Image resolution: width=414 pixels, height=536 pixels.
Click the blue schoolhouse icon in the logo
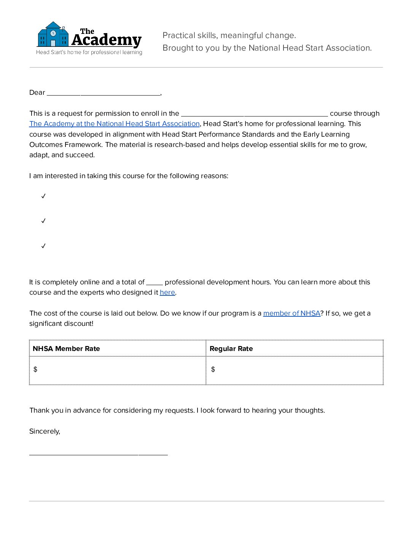pos(53,35)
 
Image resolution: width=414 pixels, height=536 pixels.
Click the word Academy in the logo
pos(107,40)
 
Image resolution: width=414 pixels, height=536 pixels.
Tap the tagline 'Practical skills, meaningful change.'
pos(229,35)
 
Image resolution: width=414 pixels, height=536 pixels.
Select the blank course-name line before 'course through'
pos(254,114)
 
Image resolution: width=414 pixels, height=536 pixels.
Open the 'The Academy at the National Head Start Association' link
pos(115,124)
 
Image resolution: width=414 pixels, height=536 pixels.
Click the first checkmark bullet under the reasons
pos(43,196)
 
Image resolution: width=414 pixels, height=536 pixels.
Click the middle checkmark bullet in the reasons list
pos(43,221)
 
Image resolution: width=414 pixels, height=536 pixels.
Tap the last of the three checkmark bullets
pos(43,246)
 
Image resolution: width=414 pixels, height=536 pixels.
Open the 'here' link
pos(167,292)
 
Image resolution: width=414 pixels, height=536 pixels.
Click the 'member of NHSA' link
pos(292,313)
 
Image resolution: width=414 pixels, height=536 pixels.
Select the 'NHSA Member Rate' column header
pos(66,349)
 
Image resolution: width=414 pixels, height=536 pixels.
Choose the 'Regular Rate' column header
pos(231,349)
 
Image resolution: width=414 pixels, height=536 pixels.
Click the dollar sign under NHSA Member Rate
pos(35,369)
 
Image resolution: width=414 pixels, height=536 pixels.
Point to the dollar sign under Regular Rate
pos(213,369)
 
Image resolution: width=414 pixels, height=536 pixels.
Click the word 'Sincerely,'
pos(45,431)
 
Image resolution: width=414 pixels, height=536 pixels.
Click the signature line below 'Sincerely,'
pos(98,454)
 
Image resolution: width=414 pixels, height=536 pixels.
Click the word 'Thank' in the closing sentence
pos(39,410)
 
